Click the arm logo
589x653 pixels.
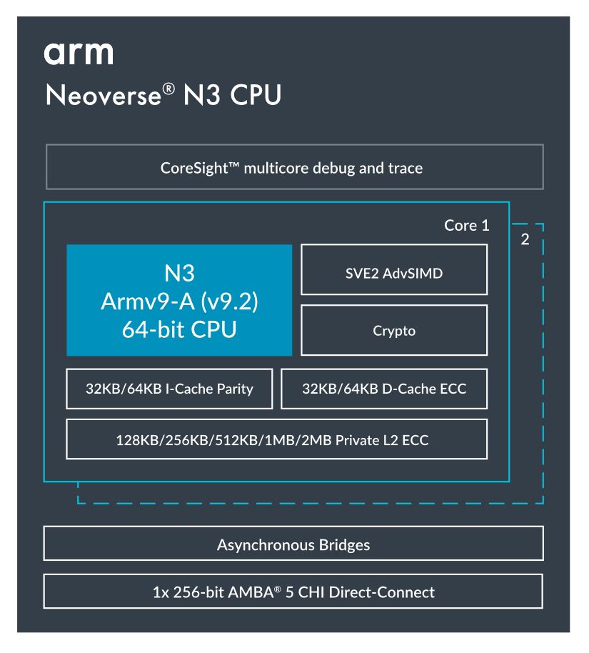tap(79, 54)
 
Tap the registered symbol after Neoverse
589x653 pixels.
tap(168, 89)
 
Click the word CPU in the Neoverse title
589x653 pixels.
tap(256, 95)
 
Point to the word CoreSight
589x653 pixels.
tap(194, 168)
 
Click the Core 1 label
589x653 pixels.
tap(466, 225)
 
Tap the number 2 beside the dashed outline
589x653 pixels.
tap(525, 239)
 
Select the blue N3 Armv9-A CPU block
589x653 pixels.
tap(179, 300)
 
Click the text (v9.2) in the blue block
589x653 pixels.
tap(229, 301)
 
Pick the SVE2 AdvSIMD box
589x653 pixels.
tap(394, 269)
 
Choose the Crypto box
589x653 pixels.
tap(394, 330)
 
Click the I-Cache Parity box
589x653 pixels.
tap(169, 389)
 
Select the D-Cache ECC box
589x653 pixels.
tap(384, 389)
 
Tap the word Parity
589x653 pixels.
tap(235, 389)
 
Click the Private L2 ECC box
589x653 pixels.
tap(276, 439)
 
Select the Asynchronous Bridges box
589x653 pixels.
tap(293, 544)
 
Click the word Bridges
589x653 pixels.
tap(344, 546)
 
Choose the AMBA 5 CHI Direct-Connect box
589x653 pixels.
tap(293, 592)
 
